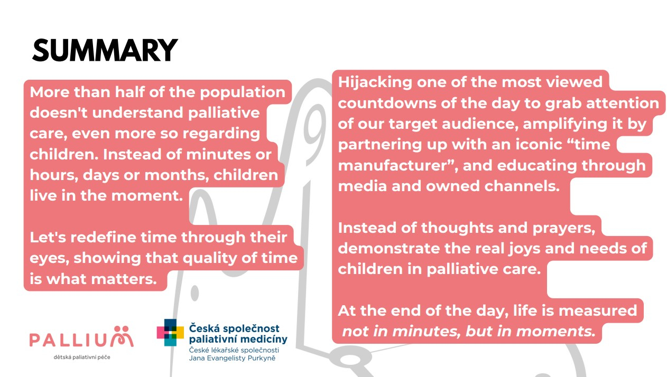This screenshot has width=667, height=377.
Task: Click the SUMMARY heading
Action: [105, 50]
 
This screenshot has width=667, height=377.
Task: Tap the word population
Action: [243, 93]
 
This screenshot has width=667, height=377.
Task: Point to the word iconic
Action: [539, 145]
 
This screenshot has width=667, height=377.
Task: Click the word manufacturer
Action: [394, 165]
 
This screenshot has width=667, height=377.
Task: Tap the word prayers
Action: [564, 229]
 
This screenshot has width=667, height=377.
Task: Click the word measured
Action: [598, 311]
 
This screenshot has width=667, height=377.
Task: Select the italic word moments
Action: [555, 332]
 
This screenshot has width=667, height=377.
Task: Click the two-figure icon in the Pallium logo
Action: [122, 336]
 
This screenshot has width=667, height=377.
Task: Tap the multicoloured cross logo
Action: [170, 332]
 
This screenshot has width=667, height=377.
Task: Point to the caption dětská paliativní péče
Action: [82, 357]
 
